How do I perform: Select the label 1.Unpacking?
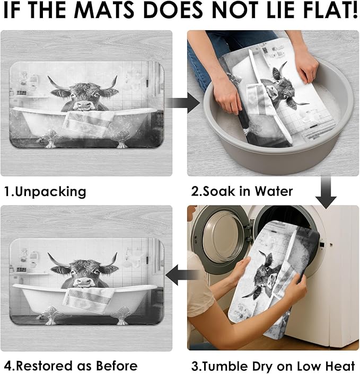point(46,192)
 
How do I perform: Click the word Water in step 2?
point(274,191)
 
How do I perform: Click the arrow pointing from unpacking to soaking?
point(183,103)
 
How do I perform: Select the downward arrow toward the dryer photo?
point(326,192)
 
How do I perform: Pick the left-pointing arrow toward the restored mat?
point(182,275)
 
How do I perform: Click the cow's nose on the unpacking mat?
point(84,105)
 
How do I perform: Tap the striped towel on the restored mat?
point(89,298)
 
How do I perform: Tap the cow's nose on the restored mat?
point(84,282)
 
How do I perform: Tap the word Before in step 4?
point(117,366)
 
